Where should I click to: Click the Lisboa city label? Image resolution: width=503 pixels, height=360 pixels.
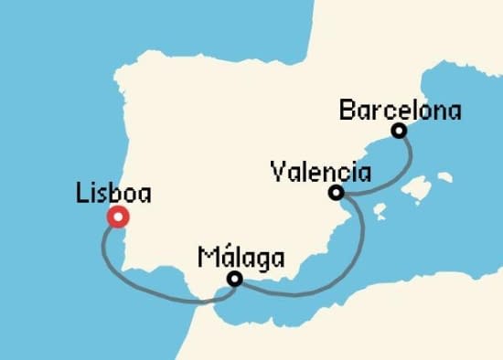point(114,194)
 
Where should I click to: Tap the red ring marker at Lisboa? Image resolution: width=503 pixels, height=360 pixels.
point(118,217)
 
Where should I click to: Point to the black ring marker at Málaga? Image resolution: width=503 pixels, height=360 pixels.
point(235,280)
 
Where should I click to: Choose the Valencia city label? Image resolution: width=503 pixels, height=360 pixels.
point(321,172)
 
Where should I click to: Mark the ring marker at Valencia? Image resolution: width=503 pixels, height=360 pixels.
point(337,193)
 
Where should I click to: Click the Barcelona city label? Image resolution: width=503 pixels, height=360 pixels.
point(400,111)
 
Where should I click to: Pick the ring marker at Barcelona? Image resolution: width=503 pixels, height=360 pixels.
point(399,131)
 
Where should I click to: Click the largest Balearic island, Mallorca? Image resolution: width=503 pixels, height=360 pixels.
point(419,188)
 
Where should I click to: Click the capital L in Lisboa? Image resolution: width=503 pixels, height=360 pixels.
point(84,194)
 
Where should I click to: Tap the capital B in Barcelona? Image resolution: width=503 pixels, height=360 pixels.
point(346,111)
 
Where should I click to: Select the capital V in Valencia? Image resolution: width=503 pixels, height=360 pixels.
point(279,172)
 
